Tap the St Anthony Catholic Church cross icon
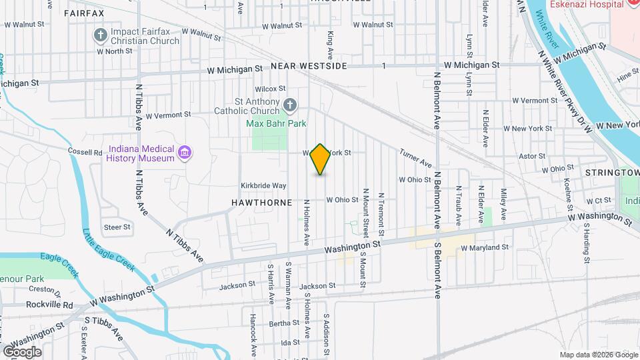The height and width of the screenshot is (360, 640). [289, 104]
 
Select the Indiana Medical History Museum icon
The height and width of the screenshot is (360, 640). [185, 154]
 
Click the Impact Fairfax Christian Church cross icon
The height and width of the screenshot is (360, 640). [101, 35]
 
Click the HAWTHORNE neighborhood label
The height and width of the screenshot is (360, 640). [262, 201]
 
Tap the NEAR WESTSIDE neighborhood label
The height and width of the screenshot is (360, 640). [309, 67]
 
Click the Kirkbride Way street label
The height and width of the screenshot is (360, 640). [263, 185]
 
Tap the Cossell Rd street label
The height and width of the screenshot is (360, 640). [85, 151]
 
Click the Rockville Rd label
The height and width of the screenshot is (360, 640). [49, 305]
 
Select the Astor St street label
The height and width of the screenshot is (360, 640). [532, 156]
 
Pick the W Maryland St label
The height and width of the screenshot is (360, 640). [484, 247]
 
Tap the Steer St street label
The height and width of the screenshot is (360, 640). [117, 227]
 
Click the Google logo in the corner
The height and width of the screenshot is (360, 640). [22, 351]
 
